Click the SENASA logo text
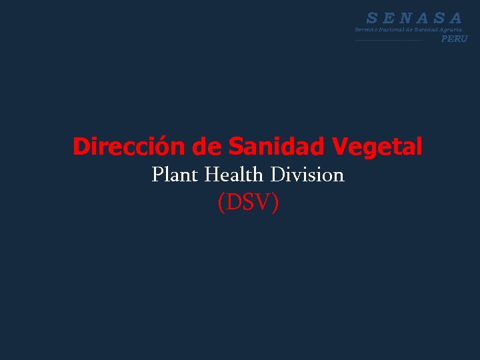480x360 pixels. pos(414,18)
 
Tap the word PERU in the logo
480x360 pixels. pos(455,39)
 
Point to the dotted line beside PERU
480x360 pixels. pos(389,41)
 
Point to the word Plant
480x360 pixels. pos(175,175)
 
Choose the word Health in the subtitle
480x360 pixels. pos(235,175)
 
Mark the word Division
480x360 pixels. pos(307,175)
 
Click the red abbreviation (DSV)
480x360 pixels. pos(248,203)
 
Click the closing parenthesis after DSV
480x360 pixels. pos(275,203)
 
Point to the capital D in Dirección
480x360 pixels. pos(81,146)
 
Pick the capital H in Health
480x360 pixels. pos(213,175)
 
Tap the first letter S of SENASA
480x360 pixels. pos(373,18)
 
